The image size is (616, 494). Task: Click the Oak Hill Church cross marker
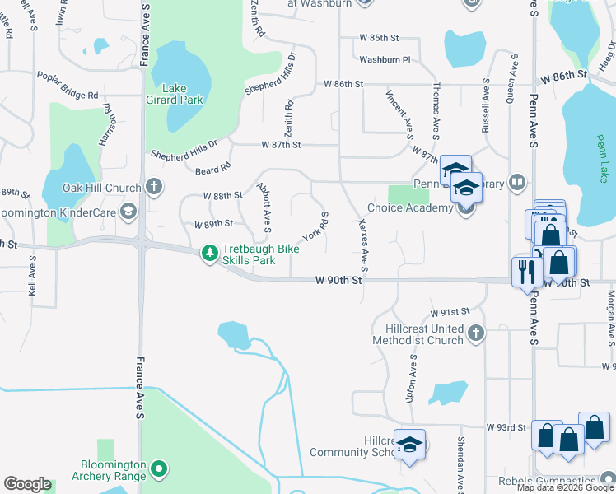pyautogui.click(x=153, y=186)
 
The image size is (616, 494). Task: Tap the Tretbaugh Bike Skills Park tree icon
pyautogui.click(x=211, y=253)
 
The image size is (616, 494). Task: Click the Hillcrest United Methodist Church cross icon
pyautogui.click(x=474, y=333)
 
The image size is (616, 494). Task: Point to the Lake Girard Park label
pyautogui.click(x=182, y=94)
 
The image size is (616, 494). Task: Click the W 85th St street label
pyautogui.click(x=379, y=38)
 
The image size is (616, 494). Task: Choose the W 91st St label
pyautogui.click(x=450, y=313)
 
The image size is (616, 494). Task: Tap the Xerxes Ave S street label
pyautogui.click(x=363, y=245)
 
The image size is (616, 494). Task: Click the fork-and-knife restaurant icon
pyautogui.click(x=525, y=271)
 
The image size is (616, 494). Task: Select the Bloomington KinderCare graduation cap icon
pyautogui.click(x=128, y=212)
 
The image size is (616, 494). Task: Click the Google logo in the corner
pyautogui.click(x=27, y=484)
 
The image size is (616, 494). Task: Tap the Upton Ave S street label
pyautogui.click(x=410, y=379)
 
